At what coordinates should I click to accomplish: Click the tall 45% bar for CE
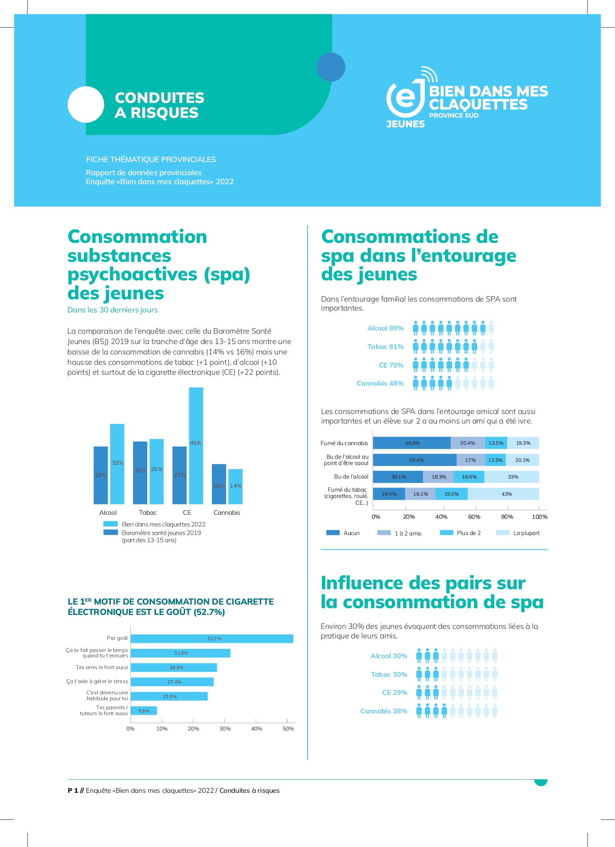pos(196,446)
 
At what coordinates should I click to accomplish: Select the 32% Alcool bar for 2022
pos(117,464)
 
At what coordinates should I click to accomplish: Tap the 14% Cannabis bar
pos(235,486)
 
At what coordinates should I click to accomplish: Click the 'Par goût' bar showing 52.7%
pos(212,638)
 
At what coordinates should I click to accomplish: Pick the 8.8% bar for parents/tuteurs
pos(144,711)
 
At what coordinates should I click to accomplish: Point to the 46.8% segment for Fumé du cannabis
pos(412,443)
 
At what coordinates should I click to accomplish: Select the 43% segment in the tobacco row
pos(503,494)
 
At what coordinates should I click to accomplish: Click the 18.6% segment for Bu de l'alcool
pos(469,477)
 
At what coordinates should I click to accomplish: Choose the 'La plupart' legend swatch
pos(503,533)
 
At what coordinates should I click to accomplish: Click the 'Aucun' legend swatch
pos(333,533)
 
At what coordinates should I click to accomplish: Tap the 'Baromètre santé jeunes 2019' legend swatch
pos(111,532)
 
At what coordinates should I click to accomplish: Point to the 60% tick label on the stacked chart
pos(474,517)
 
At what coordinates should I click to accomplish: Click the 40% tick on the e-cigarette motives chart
pos(256,728)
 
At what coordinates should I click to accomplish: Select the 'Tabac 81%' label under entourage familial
pos(385,347)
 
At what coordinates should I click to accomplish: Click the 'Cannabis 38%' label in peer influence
pos(383,711)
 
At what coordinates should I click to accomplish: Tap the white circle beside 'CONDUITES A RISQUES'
pos(86,104)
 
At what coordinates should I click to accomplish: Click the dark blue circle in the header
pos(331,67)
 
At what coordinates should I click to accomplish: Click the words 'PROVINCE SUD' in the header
pos(454,116)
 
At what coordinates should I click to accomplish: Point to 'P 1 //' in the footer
pos(75,791)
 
